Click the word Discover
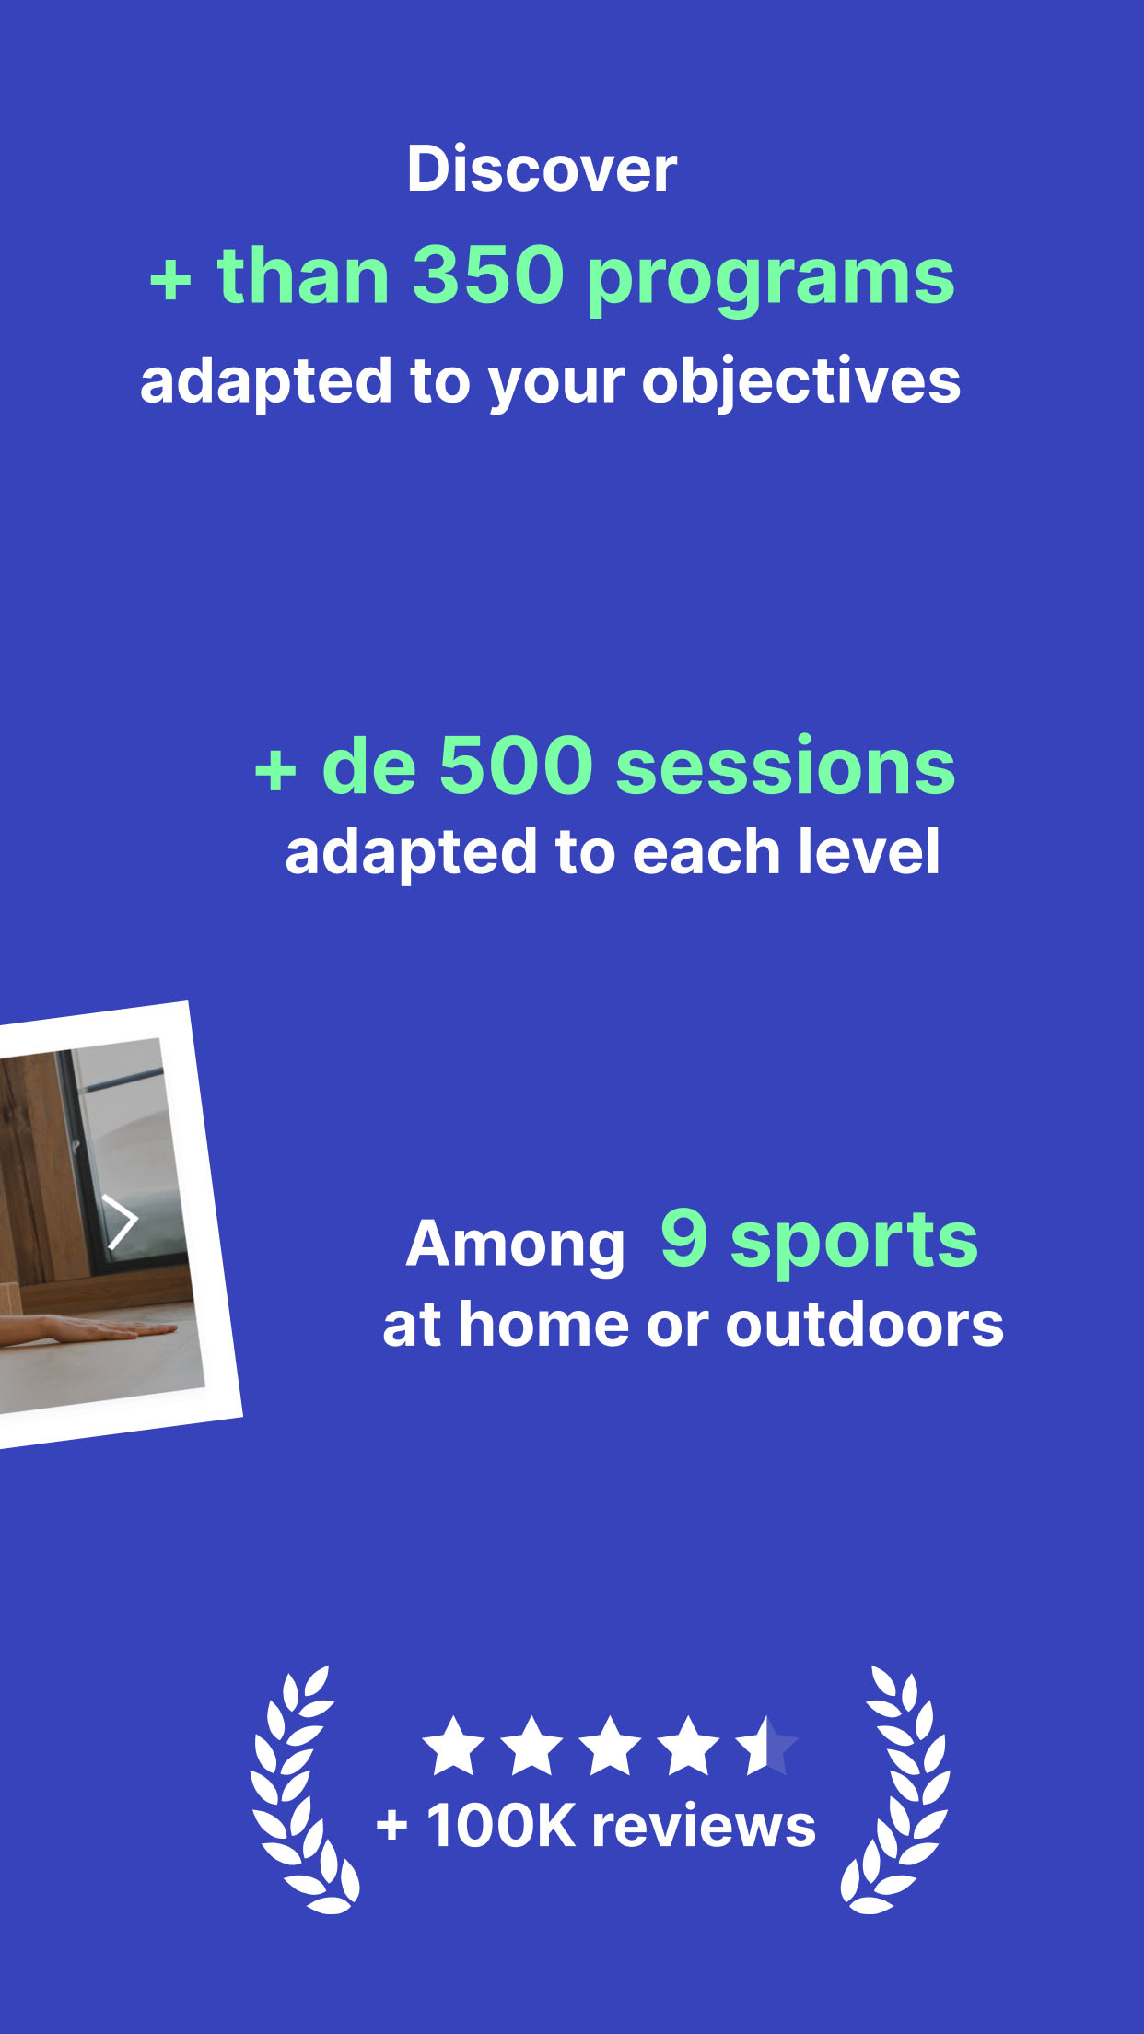542,169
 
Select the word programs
770,280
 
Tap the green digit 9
684,1237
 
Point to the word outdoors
865,1326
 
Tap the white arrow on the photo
120,1222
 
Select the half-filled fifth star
766,1745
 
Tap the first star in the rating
453,1745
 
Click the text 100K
501,1826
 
